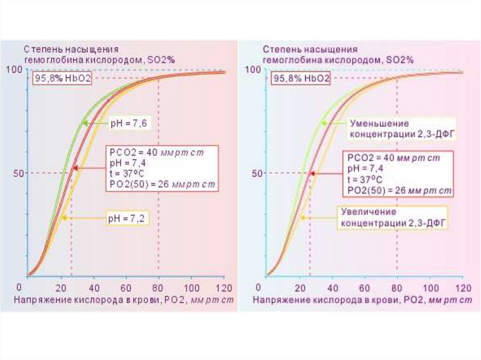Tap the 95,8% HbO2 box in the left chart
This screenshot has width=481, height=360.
pyautogui.click(x=62, y=78)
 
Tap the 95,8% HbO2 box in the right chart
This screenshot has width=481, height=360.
pyautogui.click(x=301, y=78)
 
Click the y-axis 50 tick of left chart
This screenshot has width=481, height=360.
pyautogui.click(x=18, y=173)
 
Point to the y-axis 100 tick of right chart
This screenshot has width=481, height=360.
pyautogui.click(x=253, y=69)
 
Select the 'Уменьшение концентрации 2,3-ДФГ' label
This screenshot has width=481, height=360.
pyautogui.click(x=402, y=129)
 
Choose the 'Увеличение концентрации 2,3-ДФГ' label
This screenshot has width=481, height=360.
pyautogui.click(x=393, y=218)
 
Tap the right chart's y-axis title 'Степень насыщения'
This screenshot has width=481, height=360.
pyautogui.click(x=310, y=49)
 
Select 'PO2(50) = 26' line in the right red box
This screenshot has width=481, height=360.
pyautogui.click(x=399, y=191)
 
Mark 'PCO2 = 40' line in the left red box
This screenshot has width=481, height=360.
pyautogui.click(x=156, y=153)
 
